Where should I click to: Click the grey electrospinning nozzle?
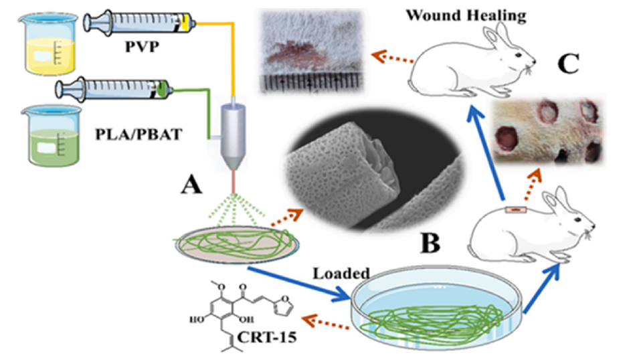click(234, 137)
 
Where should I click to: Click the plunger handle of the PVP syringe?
click(90, 21)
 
